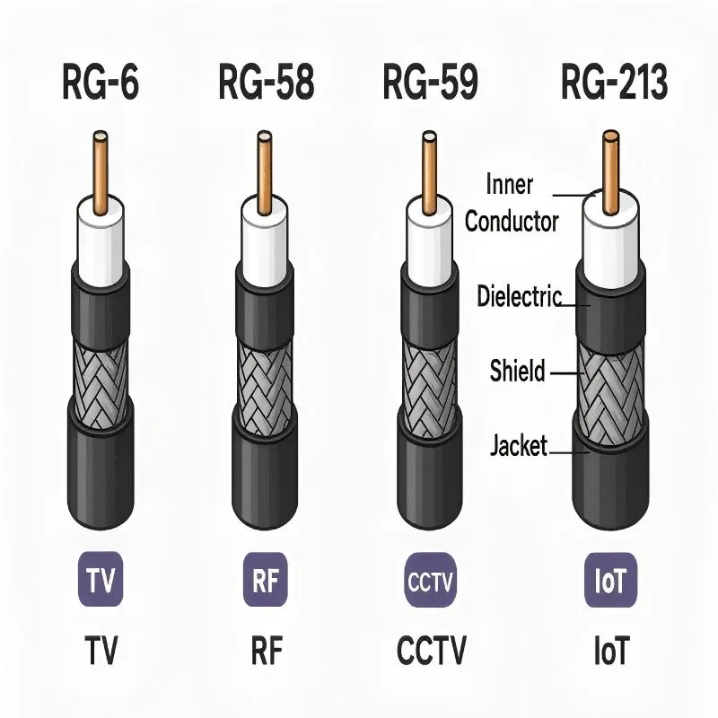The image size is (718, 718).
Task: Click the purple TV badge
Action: (x=101, y=577)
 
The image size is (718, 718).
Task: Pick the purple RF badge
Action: (x=266, y=577)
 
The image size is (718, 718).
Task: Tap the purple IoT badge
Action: (x=610, y=577)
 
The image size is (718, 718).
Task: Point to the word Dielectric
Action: (x=520, y=296)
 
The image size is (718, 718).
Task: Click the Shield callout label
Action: (x=517, y=369)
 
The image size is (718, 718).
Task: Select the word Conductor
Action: (x=512, y=221)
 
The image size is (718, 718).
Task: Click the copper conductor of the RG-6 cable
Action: (x=101, y=171)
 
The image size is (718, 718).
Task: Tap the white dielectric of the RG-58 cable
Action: (x=266, y=233)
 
